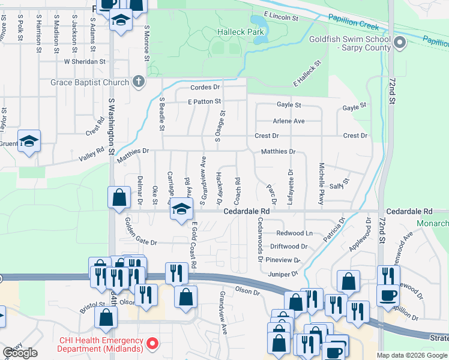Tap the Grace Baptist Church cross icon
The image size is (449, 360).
139,82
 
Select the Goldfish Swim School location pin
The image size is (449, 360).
401,43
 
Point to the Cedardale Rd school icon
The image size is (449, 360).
180,210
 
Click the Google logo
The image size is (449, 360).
20,353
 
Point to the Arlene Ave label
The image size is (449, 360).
289,121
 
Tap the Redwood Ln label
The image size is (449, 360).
294,233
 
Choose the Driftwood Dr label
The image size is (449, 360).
289,246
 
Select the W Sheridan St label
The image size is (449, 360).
85,61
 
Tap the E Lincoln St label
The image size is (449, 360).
280,16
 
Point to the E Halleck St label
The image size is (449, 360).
307,73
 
